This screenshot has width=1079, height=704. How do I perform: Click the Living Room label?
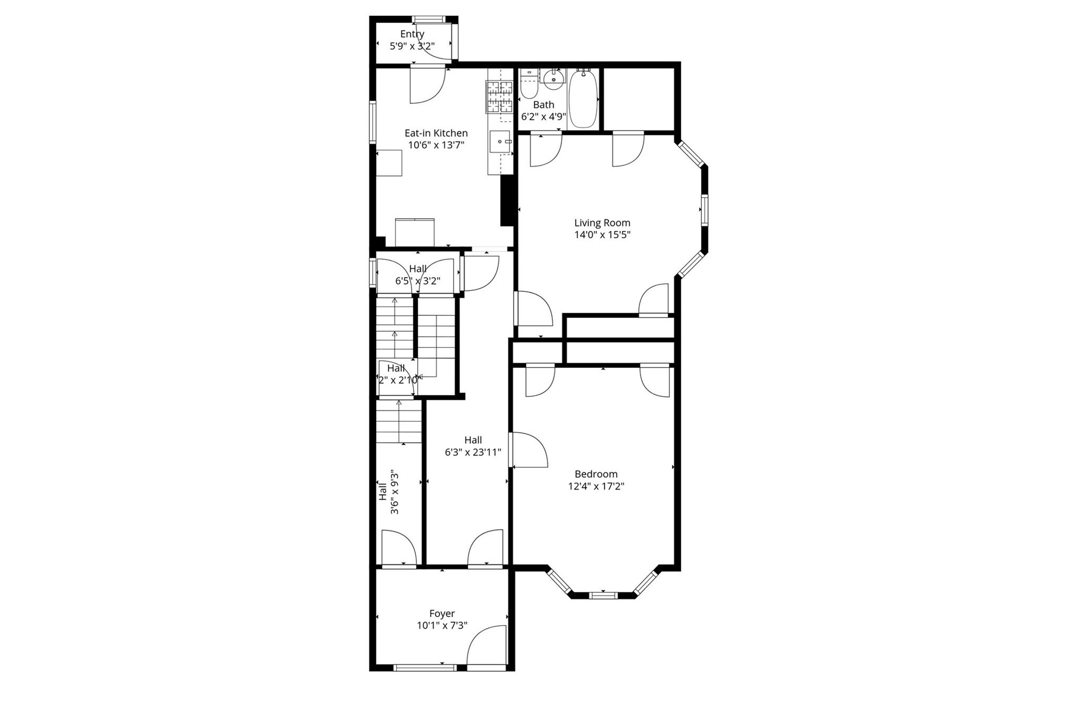(x=602, y=223)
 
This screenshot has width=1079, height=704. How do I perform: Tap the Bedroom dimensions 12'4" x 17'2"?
(x=596, y=486)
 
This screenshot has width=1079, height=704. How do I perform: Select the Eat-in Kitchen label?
(x=436, y=133)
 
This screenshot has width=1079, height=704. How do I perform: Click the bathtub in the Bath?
(x=583, y=99)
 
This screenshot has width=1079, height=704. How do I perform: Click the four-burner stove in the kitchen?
(x=499, y=97)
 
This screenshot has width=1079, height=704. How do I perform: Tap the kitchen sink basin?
(x=499, y=142)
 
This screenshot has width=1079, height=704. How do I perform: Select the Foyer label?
(x=442, y=613)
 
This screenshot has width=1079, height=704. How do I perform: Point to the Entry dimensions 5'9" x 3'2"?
(x=412, y=46)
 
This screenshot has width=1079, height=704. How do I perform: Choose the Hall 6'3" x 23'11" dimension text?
(x=473, y=452)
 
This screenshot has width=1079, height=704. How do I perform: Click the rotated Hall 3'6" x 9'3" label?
(x=389, y=492)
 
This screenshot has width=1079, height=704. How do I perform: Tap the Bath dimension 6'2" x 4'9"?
(x=543, y=116)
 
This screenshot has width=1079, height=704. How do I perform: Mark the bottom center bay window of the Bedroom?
(x=602, y=595)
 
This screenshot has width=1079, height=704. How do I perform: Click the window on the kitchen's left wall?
(x=372, y=122)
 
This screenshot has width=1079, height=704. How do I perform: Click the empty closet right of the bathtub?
(x=639, y=99)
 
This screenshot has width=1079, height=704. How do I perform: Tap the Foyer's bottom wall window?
(x=425, y=668)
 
